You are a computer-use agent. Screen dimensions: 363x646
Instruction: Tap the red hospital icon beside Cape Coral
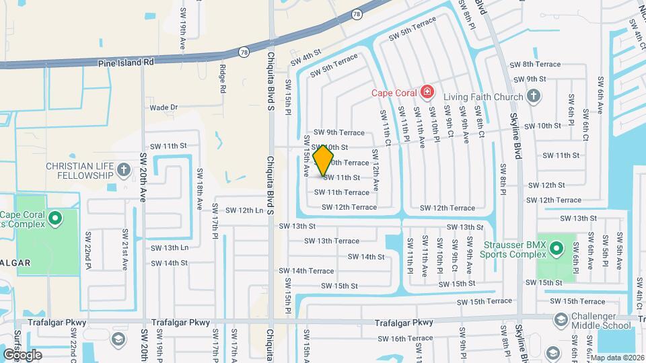coord(427,91)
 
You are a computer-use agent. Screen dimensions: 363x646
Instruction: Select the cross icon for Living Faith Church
coord(534,97)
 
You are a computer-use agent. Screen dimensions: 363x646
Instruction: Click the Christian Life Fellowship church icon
coord(124,170)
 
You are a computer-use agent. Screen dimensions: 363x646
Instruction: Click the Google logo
coord(22,354)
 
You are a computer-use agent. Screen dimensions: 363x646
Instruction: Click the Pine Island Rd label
coord(126,61)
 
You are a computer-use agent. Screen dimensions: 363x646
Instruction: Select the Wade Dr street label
coord(164,107)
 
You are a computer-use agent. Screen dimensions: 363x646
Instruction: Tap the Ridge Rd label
coord(223,77)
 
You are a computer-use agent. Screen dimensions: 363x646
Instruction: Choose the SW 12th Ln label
coord(244,210)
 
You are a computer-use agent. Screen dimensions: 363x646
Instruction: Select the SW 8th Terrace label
coord(535,64)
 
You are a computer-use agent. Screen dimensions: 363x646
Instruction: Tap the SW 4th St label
coord(307,58)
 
